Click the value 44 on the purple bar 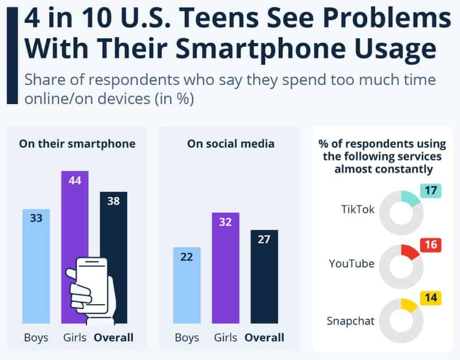tap(74, 181)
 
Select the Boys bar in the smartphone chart tap(36, 265)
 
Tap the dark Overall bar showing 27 tap(264, 276)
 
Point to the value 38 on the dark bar tap(114, 202)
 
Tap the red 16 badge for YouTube tap(431, 245)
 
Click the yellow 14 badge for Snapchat tap(431, 298)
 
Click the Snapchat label tap(350, 321)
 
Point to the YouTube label tap(351, 263)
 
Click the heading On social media tap(230, 143)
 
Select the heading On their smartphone tap(77, 143)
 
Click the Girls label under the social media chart tap(226, 337)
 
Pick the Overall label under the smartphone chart tap(114, 337)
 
